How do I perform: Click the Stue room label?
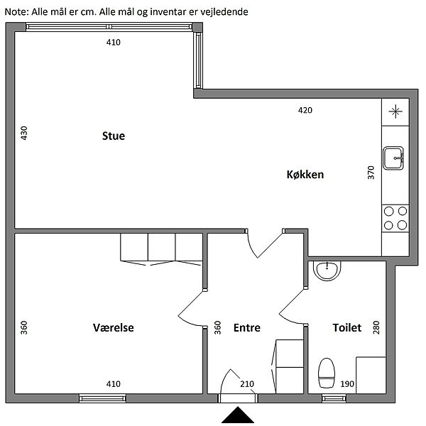[114, 136]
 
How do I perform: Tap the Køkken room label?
[305, 175]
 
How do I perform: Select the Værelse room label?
[114, 327]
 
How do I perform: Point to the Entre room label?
[247, 327]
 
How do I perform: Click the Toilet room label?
[347, 327]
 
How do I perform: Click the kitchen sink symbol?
[393, 158]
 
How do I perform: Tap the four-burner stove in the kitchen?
[395, 218]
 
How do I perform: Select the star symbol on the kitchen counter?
[395, 111]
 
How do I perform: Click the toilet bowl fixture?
[327, 373]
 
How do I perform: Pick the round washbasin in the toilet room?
[327, 271]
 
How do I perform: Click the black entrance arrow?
[238, 415]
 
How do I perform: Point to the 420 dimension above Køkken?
[305, 110]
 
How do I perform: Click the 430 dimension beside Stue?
[24, 133]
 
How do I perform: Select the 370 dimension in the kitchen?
[371, 173]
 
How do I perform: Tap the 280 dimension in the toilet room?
[376, 327]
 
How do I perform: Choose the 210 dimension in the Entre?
[247, 384]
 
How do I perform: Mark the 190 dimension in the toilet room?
[347, 384]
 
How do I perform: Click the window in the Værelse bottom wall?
[103, 398]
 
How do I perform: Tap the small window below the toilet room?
[334, 398]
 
